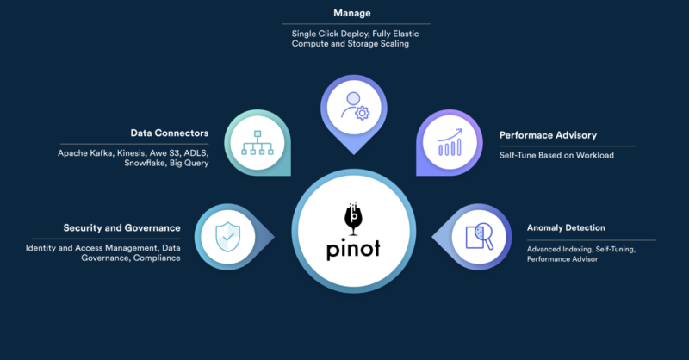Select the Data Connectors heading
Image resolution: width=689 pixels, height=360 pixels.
(169, 133)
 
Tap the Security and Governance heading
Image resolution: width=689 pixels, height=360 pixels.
(121, 228)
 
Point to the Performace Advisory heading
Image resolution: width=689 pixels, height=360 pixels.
(548, 135)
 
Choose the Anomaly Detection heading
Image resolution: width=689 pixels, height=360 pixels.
(565, 228)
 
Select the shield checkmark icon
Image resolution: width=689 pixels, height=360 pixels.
(225, 233)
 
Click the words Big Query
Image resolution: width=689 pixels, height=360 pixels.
(189, 163)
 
